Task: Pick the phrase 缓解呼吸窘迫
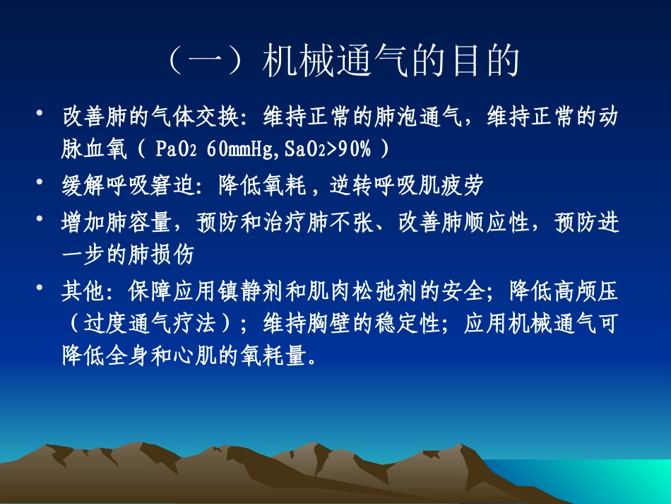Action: click(124, 185)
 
